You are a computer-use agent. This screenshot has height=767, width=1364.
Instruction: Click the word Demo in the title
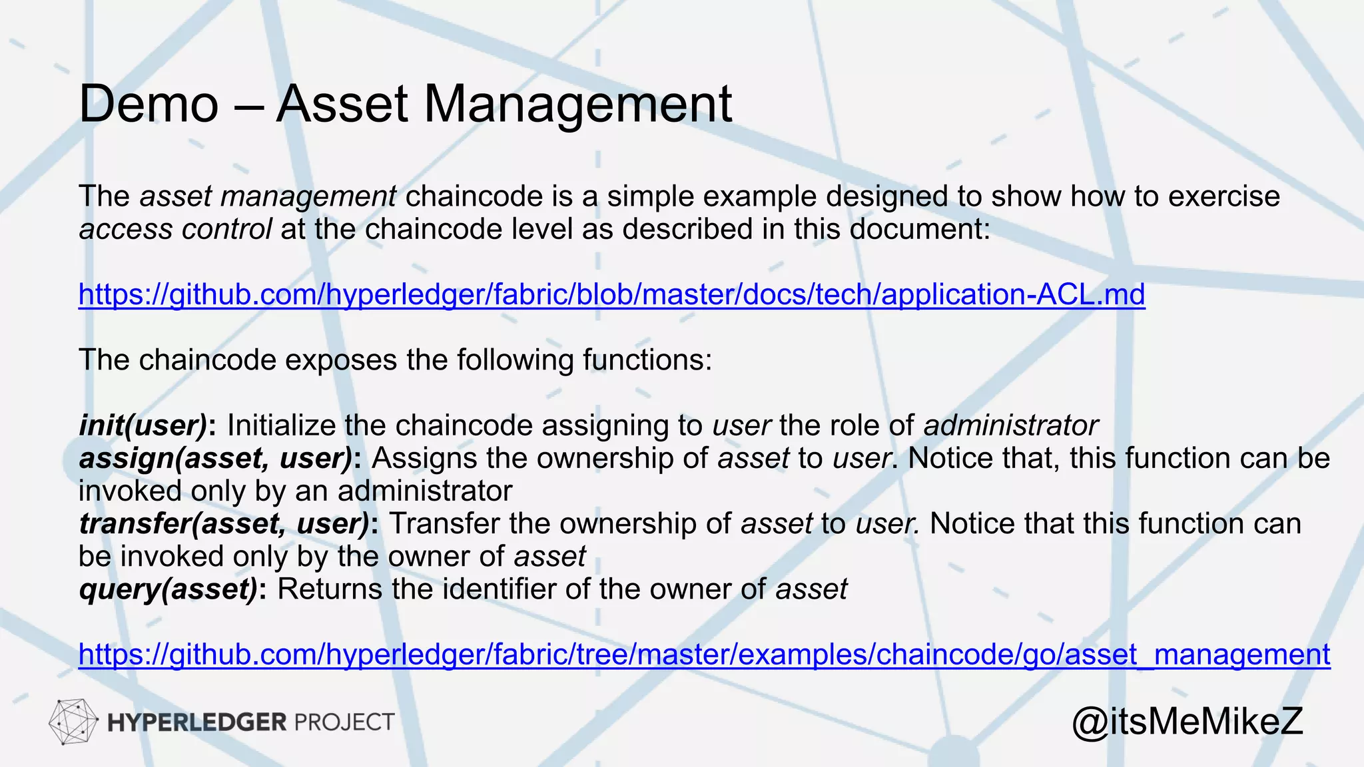point(149,104)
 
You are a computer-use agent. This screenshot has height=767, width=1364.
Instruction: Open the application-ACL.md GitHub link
point(611,294)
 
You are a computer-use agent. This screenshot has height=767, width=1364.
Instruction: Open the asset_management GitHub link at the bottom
point(704,654)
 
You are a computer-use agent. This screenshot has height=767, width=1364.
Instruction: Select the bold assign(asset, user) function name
point(216,458)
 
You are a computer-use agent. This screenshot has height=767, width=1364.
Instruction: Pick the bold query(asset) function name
point(168,589)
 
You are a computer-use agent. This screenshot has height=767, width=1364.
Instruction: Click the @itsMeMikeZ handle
point(1187,722)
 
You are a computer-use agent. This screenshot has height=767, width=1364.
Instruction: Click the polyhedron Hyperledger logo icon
point(72,722)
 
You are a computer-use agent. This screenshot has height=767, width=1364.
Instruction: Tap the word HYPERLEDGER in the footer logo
point(196,722)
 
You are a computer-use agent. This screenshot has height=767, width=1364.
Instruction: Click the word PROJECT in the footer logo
point(344,722)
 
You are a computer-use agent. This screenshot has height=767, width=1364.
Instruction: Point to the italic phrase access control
point(174,229)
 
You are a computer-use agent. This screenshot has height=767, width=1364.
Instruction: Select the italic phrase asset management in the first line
point(268,196)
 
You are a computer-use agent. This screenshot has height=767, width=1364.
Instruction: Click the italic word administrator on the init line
point(1010,425)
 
